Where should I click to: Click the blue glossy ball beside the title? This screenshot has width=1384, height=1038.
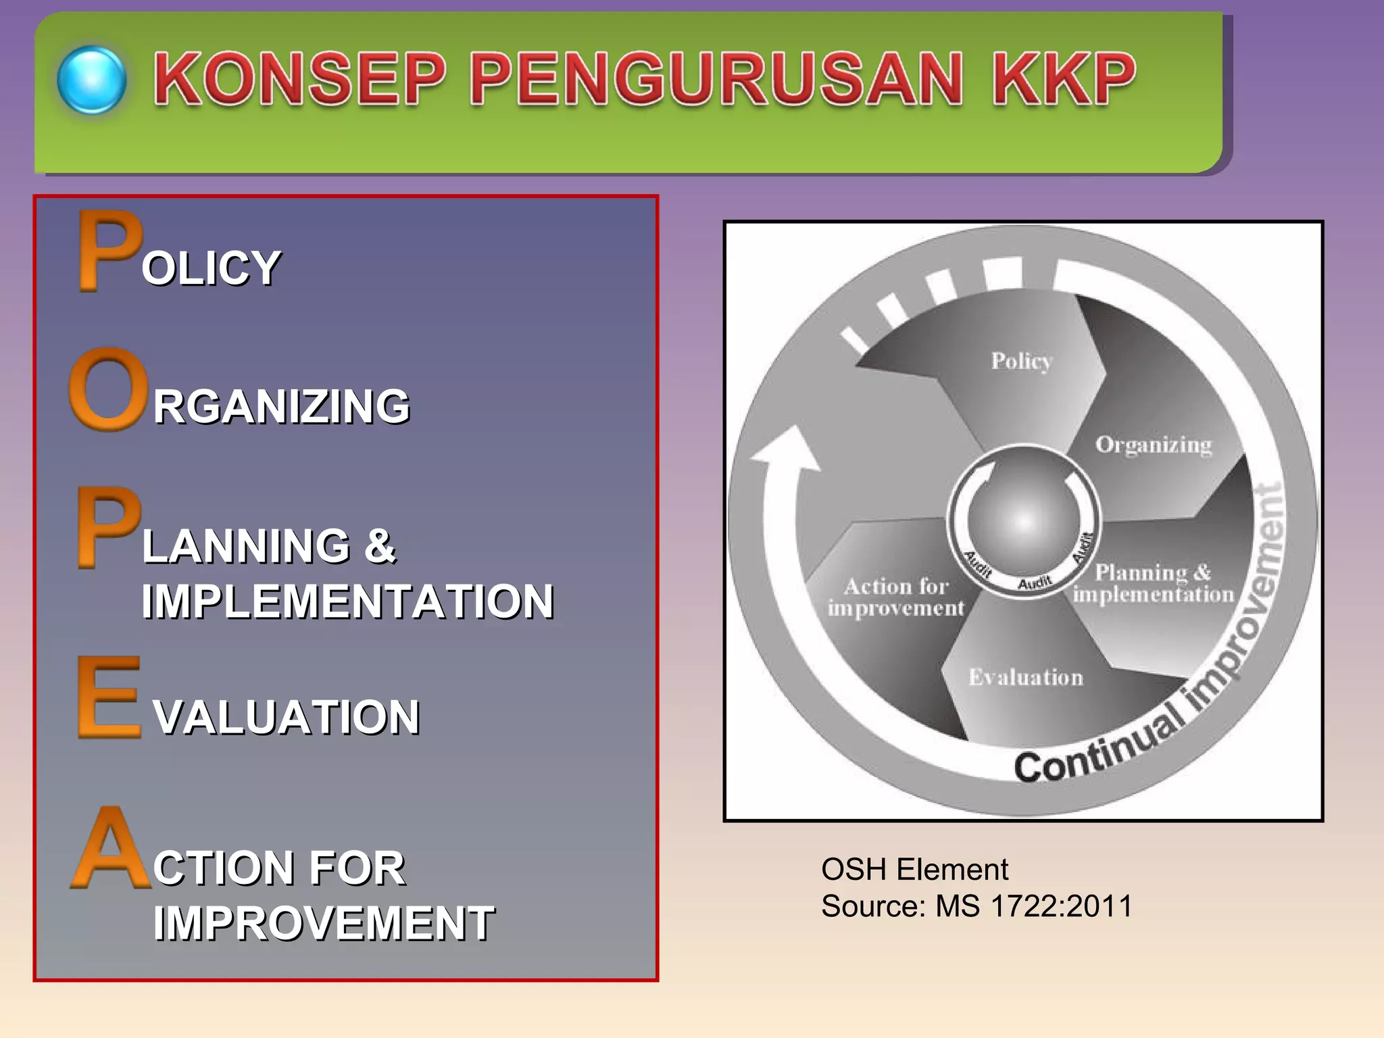coord(92,80)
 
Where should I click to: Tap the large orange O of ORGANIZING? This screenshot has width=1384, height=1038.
coord(108,389)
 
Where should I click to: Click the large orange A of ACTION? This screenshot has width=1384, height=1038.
coord(111,847)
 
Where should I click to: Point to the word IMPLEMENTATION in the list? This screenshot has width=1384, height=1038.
coord(347,601)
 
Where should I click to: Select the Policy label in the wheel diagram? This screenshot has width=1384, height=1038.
coord(1022,361)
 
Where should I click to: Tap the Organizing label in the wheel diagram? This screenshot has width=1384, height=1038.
coord(1154,445)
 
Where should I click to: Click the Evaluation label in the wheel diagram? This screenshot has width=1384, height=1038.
coord(1026,677)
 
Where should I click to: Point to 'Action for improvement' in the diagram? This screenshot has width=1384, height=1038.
coord(896,597)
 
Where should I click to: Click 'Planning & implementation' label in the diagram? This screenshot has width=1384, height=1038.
coord(1154,583)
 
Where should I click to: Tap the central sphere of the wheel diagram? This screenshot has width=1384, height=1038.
coord(1024,520)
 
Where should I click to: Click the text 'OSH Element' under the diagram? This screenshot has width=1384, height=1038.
coord(914,869)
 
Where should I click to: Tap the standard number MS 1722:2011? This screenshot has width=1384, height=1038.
coord(1033,906)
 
